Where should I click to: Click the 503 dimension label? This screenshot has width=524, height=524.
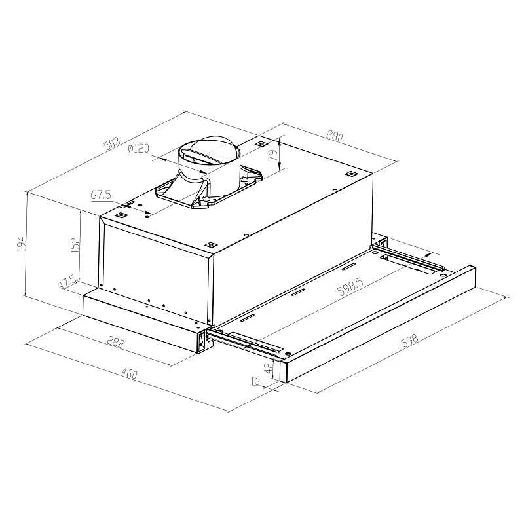pos(113,143)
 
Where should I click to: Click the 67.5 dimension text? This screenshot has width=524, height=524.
pos(102,195)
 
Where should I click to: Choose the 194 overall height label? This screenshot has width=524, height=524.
pos(21,245)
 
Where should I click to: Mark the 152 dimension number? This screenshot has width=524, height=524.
pos(75,245)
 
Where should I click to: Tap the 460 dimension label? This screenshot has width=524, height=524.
pos(129,374)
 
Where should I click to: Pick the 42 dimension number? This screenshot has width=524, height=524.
pos(268,368)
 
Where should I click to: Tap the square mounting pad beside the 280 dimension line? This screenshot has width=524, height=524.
pos(261,143)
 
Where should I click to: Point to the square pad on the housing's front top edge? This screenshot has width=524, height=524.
pos(210,244)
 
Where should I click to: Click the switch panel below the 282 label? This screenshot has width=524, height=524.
pos(201,339)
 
